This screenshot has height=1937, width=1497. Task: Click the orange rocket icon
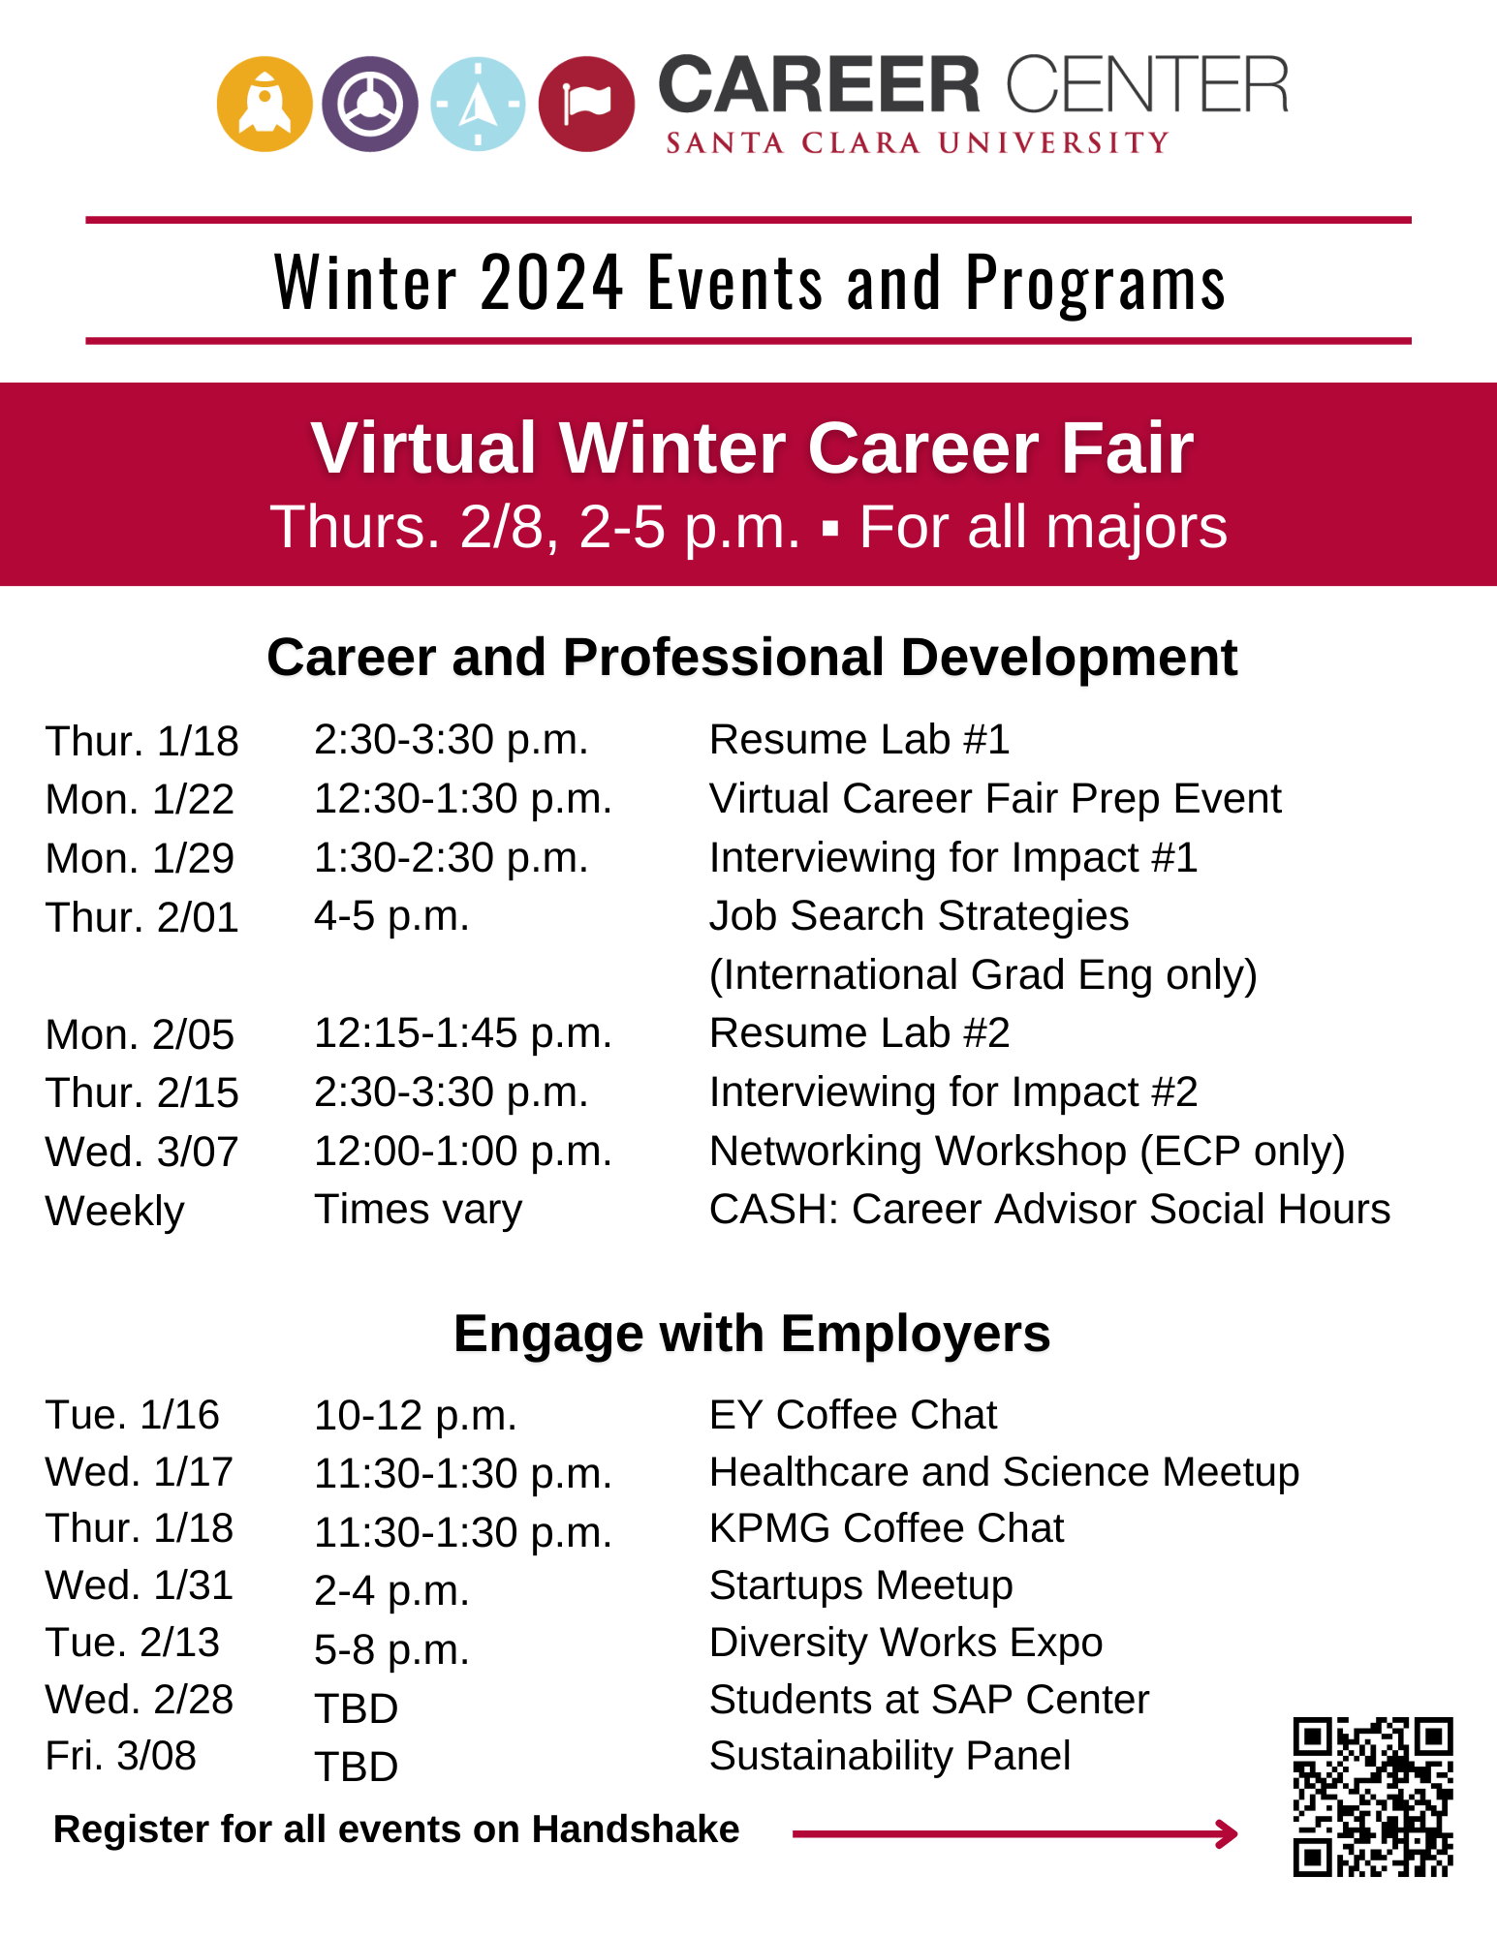point(265,104)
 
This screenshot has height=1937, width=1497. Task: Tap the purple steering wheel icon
point(370,104)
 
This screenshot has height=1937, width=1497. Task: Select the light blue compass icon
point(478,104)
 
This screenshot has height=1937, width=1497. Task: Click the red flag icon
point(586,104)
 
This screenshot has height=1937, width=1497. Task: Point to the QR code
point(1373,1797)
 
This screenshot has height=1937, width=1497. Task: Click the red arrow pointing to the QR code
point(1015,1833)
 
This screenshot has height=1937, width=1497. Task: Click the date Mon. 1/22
point(140,800)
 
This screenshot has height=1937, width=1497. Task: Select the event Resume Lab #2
point(859,1033)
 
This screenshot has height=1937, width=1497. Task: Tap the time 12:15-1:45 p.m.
point(463,1034)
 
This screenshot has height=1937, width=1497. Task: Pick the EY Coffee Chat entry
point(853,1415)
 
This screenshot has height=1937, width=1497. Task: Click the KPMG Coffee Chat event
point(887,1528)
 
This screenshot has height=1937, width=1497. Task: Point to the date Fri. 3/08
point(121,1756)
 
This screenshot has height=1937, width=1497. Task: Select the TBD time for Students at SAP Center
point(357,1709)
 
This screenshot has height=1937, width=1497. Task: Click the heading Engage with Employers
point(752,1334)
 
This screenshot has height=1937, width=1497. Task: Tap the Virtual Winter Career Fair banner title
point(752,447)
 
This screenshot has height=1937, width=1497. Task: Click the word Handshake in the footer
point(636,1829)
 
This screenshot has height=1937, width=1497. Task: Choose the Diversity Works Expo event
point(906,1643)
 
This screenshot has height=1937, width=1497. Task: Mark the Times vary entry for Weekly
point(419,1210)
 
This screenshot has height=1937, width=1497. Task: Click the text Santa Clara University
point(918,143)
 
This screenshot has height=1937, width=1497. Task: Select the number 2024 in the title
point(551,282)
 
